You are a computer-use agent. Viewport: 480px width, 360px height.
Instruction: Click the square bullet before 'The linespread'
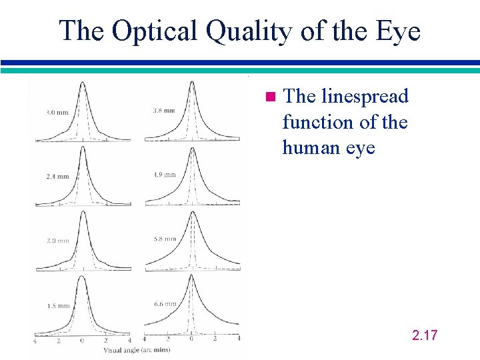click(x=270, y=97)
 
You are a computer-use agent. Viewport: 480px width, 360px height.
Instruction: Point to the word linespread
click(x=365, y=97)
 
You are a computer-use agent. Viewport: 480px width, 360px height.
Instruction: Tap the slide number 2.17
click(x=425, y=335)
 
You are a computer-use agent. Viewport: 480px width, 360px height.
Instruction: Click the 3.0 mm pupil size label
click(x=57, y=112)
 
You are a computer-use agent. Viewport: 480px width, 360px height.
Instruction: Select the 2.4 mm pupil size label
click(x=57, y=177)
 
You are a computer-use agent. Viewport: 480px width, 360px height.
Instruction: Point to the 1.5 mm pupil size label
click(x=57, y=306)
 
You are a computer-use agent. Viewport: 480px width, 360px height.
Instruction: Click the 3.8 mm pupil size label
click(x=165, y=110)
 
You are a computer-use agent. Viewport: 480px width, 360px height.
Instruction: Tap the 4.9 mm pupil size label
click(x=165, y=175)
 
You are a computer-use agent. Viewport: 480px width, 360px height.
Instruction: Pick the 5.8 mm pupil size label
click(x=165, y=239)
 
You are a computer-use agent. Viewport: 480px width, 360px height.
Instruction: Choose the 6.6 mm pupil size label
click(x=165, y=303)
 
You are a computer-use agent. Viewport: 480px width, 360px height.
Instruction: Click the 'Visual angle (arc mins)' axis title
click(x=137, y=349)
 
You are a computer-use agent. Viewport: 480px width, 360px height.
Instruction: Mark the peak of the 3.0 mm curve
click(x=82, y=83)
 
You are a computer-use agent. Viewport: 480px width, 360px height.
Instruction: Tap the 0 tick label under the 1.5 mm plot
click(x=82, y=340)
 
